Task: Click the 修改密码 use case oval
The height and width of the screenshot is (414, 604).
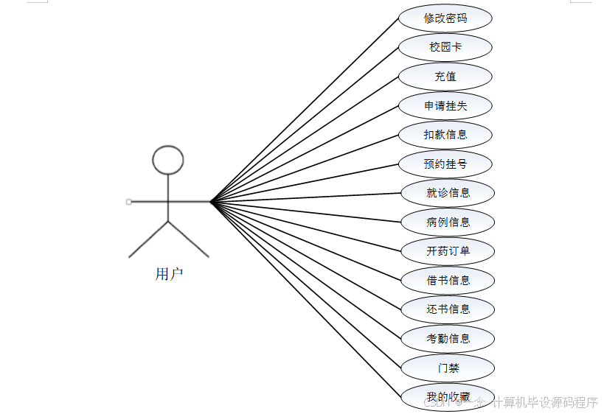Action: [445, 18]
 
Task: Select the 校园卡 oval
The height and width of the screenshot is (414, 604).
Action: [445, 47]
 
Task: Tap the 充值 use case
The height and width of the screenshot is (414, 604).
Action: [445, 77]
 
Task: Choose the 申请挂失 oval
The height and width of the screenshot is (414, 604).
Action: [445, 106]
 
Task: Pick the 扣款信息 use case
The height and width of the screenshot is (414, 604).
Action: [445, 135]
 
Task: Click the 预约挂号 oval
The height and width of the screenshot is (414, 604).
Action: [445, 164]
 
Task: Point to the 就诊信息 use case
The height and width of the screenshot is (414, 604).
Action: [448, 193]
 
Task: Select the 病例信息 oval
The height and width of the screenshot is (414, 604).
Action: [448, 222]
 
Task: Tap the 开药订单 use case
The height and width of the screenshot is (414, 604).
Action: [448, 251]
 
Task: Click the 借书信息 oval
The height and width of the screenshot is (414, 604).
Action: [448, 281]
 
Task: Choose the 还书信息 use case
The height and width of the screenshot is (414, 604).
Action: [448, 309]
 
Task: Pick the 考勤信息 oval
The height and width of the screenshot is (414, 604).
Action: [448, 339]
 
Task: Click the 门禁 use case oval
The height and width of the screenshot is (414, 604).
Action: [448, 368]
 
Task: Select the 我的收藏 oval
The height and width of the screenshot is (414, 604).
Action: [448, 397]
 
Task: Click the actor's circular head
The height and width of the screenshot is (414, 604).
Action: [168, 160]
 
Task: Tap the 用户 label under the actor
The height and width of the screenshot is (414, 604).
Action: [169, 275]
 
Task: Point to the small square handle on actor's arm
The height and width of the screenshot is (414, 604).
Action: [129, 201]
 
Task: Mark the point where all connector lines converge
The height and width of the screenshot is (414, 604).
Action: [211, 201]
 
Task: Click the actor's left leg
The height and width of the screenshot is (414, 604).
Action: [148, 239]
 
